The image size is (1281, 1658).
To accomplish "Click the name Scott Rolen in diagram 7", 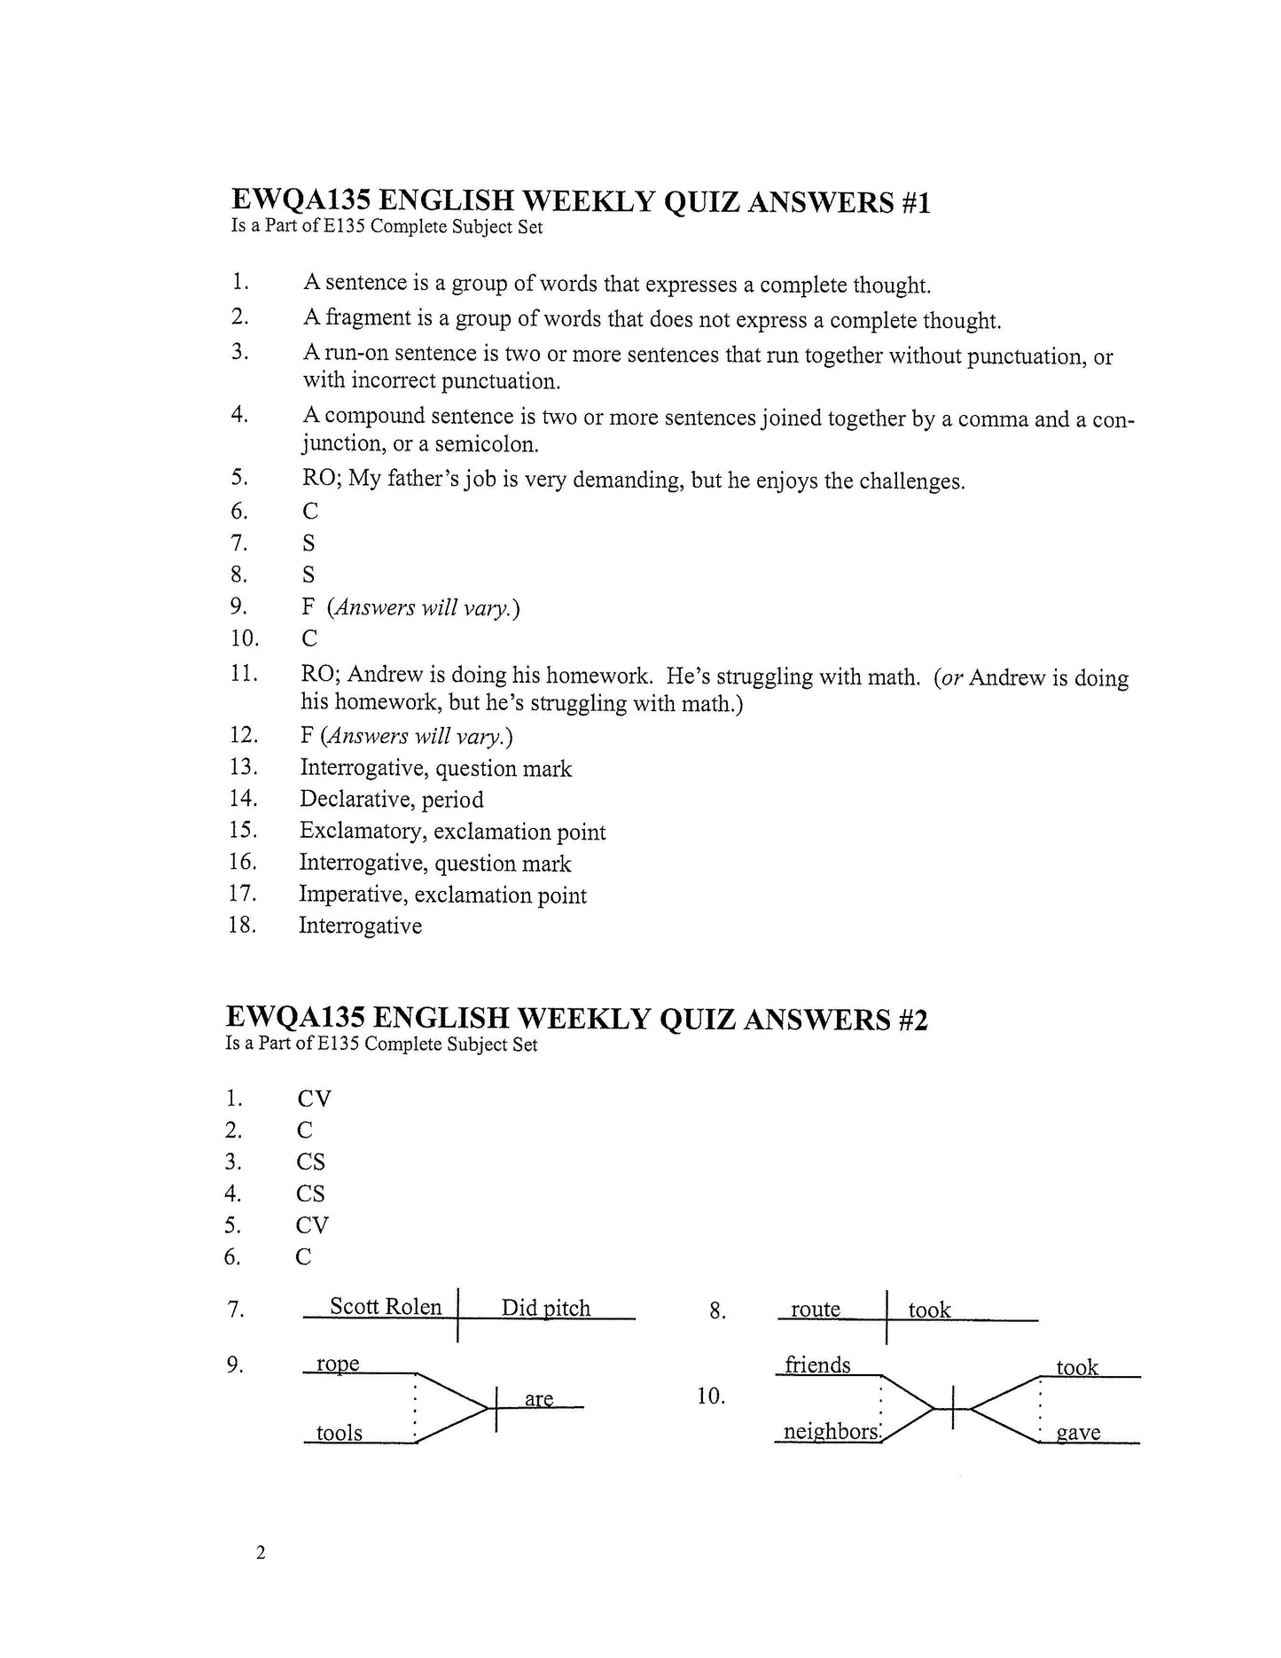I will (x=386, y=1306).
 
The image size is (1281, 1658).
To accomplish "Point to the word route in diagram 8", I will (x=815, y=1310).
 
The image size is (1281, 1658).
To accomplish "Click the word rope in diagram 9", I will (x=338, y=1364).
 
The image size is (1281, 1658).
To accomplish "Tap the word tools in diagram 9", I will (x=340, y=1433).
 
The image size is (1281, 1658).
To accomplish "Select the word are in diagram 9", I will (x=539, y=1399).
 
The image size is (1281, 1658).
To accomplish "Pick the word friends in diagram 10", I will (x=817, y=1365).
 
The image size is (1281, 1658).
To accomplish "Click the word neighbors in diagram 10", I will (x=831, y=1432).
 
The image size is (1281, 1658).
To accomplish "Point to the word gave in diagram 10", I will (x=1079, y=1433).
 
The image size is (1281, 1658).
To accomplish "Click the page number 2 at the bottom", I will (x=260, y=1552).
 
